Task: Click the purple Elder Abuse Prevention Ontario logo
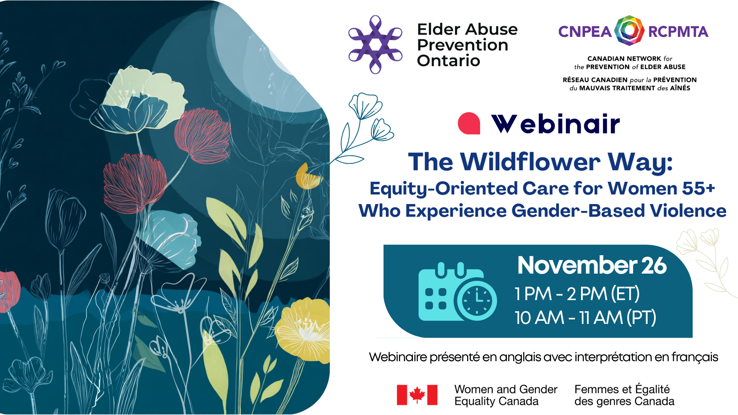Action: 375,45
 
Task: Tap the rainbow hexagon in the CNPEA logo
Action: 629,31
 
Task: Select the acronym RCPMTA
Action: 678,32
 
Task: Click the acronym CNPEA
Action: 585,32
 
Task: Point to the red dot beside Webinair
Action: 469,123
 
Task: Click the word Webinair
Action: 555,124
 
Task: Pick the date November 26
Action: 592,265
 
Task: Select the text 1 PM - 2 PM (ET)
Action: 577,294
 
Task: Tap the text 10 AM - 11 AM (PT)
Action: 585,318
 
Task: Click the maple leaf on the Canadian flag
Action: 417,395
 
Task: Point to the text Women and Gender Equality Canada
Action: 505,395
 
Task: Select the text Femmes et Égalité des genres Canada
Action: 624,395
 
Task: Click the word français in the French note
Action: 695,357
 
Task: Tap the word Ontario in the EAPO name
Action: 449,61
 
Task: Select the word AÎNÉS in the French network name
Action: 680,88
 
